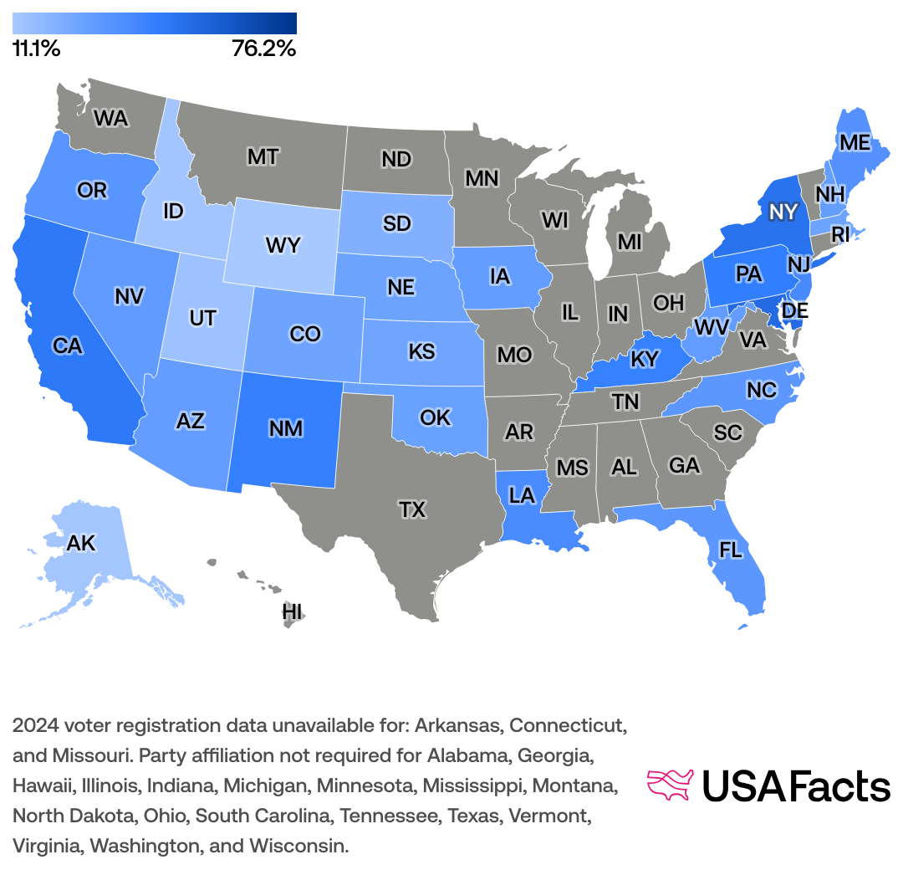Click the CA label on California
(67, 345)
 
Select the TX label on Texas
(412, 509)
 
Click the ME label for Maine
(855, 143)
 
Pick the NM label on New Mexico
(286, 430)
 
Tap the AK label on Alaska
(81, 544)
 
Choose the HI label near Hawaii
(292, 611)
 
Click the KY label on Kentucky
(645, 360)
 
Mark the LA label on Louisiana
(522, 496)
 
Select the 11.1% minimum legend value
(36, 49)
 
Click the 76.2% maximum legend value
(263, 49)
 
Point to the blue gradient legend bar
(155, 23)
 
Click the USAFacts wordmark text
(795, 786)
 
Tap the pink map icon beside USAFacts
(671, 785)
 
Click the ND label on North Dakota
(395, 158)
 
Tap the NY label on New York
(783, 212)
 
